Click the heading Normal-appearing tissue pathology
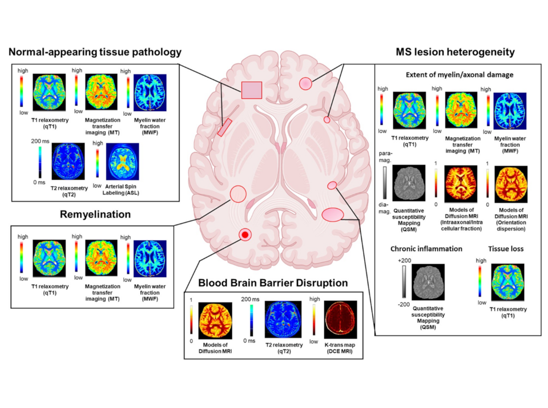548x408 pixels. pyautogui.click(x=95, y=52)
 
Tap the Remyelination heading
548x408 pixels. pyautogui.click(x=95, y=215)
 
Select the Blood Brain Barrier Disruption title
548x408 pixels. pyautogui.click(x=273, y=282)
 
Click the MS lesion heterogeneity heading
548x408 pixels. pyautogui.click(x=455, y=52)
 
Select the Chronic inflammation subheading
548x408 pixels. pyautogui.click(x=426, y=249)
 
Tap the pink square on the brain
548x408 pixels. pyautogui.click(x=252, y=90)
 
